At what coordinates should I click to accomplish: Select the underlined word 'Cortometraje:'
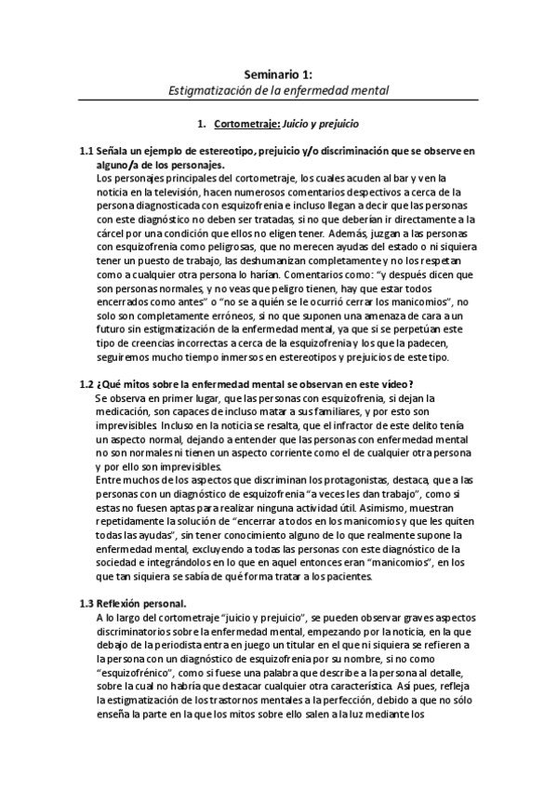coord(241,123)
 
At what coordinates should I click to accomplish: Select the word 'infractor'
coord(337,425)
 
